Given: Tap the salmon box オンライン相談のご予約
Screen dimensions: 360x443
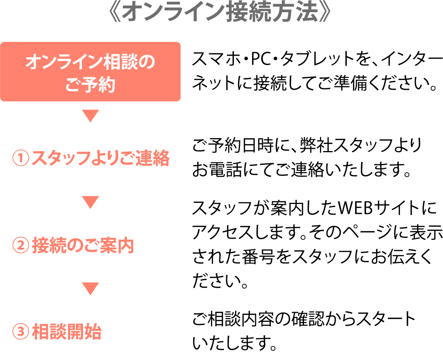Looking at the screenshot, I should pos(90,72).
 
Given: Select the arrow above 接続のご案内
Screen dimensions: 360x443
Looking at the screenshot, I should pos(90,202).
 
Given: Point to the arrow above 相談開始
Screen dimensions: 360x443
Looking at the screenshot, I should pos(90,289).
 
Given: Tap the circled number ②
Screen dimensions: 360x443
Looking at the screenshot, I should pos(21,245).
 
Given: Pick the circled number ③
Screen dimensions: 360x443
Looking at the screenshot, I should pos(21,332).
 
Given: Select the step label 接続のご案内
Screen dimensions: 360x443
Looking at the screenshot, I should pos(83,245).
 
